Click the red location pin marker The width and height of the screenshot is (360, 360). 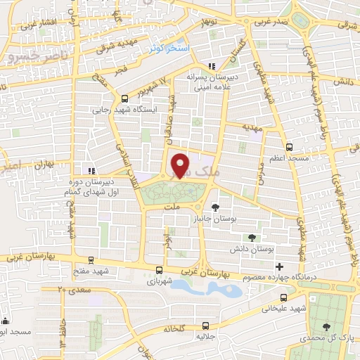coord(181,165)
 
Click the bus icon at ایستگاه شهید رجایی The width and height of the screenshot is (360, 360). coord(124,98)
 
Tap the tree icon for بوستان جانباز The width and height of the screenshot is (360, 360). coord(214,207)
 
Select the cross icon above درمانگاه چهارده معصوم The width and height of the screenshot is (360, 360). coord(280,266)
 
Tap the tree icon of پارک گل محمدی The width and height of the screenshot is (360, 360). coord(326,327)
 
